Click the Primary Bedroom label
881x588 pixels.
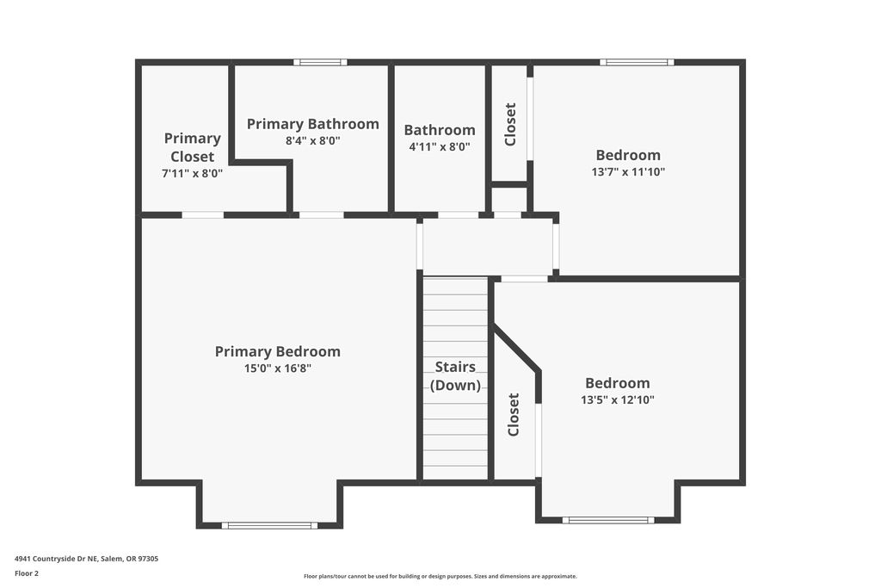[278, 351]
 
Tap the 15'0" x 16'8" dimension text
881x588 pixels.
[278, 368]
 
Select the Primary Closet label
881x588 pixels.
[192, 147]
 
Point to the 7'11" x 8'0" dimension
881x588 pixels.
[192, 173]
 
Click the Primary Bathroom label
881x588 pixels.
[313, 124]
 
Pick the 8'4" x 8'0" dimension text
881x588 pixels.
[313, 140]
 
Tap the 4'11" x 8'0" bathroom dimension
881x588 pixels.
[440, 146]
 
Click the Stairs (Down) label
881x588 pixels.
[455, 376]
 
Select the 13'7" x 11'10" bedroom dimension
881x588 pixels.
[628, 171]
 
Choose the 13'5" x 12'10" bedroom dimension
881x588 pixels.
[618, 399]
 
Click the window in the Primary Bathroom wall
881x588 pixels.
[320, 62]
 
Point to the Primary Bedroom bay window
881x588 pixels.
[269, 526]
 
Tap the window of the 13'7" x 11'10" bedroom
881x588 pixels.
[637, 62]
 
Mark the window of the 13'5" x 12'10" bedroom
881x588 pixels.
[608, 520]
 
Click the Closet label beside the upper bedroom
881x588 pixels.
[510, 124]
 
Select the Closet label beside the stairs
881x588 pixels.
[513, 414]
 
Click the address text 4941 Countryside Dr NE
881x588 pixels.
[56, 559]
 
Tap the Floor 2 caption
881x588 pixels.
[27, 573]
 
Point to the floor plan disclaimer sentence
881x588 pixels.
[440, 576]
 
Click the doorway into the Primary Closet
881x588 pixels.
[203, 214]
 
